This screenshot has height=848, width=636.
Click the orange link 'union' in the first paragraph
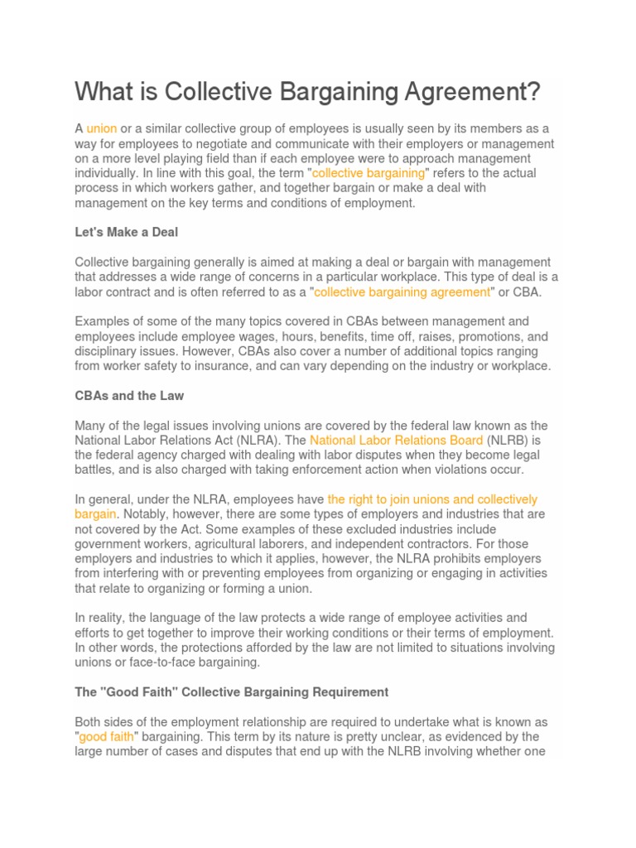click(101, 128)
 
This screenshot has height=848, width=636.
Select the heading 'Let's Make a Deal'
click(126, 233)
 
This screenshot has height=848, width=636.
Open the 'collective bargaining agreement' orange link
click(402, 291)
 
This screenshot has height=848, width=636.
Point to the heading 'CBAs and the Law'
click(129, 395)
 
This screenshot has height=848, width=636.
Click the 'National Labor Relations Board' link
click(396, 440)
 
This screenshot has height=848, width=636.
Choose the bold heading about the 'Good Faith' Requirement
click(231, 691)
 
